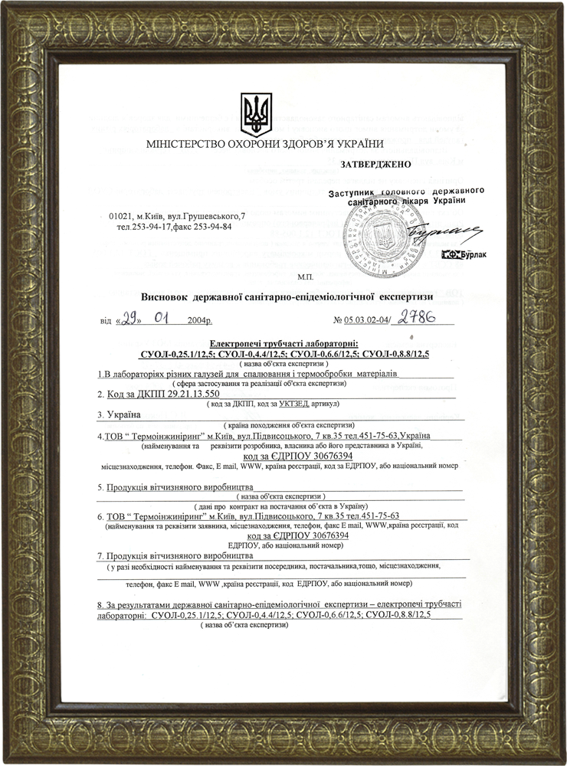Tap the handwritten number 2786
click(x=416, y=317)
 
